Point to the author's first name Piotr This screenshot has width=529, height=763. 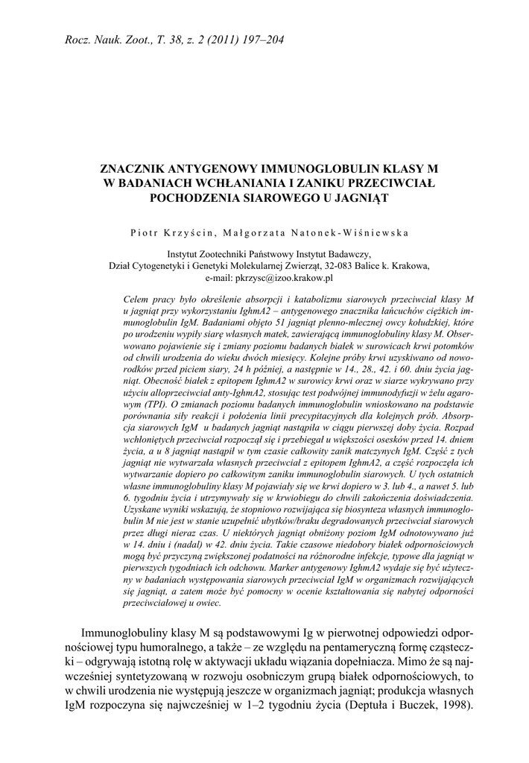pos(145,231)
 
